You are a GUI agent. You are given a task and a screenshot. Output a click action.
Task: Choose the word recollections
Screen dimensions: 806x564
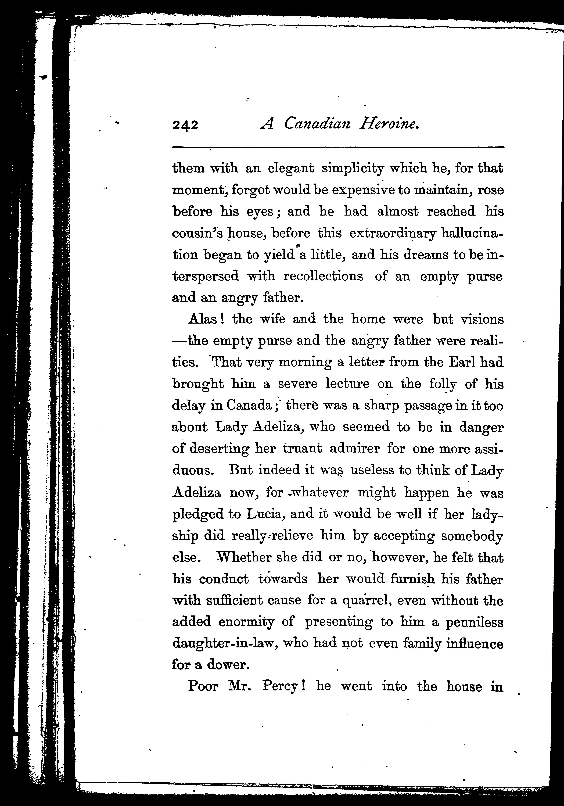click(323, 276)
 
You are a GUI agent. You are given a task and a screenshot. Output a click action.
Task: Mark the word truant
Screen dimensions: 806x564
click(303, 449)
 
